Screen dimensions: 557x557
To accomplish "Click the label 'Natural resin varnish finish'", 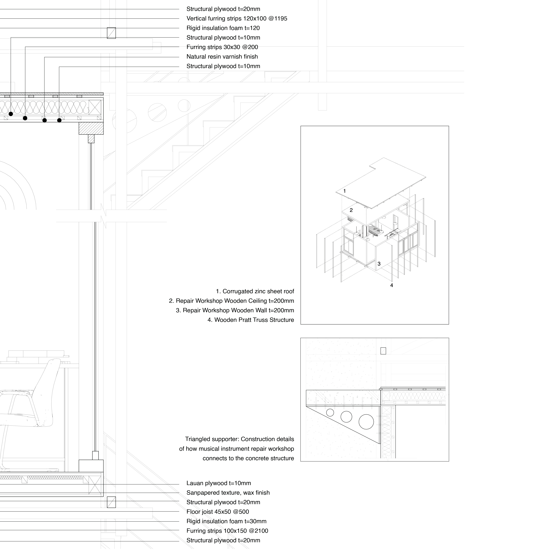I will [222, 57].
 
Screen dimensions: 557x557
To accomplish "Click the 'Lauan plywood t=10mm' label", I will [219, 483].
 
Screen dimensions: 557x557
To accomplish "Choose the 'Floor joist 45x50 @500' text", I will [218, 512].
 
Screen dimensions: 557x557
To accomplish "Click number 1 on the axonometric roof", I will [344, 191].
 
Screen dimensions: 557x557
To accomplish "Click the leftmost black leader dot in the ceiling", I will [11, 114].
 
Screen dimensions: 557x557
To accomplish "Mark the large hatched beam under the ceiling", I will [91, 128].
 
